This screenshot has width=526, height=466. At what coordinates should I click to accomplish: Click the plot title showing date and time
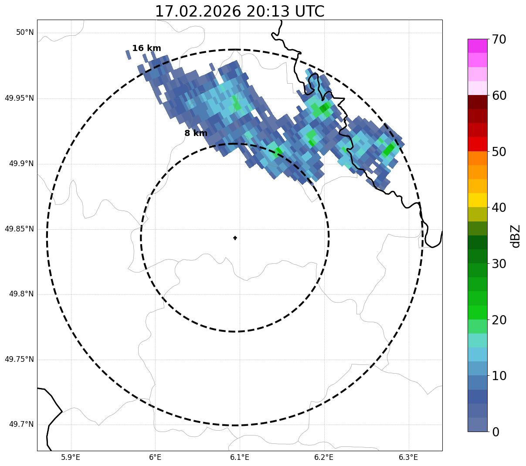(x=240, y=11)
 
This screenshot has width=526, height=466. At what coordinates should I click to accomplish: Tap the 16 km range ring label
(x=146, y=48)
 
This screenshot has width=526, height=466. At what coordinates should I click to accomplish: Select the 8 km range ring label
(x=196, y=133)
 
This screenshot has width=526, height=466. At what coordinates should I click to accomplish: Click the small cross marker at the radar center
(x=235, y=238)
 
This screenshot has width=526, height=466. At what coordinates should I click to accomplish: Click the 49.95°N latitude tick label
(x=19, y=98)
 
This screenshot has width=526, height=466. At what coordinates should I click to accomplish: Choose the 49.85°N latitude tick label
(x=19, y=229)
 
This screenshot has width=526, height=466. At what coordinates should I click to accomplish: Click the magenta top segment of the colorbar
(x=477, y=46)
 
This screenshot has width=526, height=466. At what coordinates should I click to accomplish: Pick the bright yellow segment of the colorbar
(x=477, y=200)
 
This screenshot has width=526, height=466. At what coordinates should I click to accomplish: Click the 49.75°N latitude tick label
(x=19, y=359)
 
